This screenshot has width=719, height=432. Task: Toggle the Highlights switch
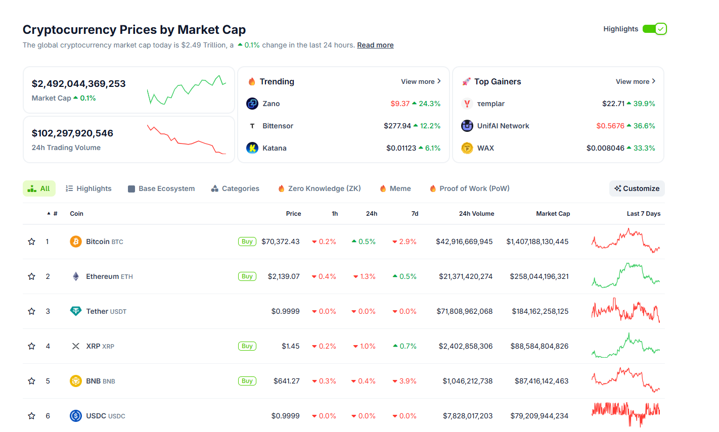click(x=654, y=29)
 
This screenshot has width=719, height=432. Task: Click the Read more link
click(x=375, y=45)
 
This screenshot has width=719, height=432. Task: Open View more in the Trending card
click(x=421, y=81)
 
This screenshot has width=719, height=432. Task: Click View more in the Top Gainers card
click(x=635, y=81)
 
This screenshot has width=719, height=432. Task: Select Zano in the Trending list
click(x=271, y=104)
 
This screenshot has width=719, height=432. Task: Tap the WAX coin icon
click(x=467, y=148)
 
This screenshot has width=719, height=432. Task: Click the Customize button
click(x=637, y=188)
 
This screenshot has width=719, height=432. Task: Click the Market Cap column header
click(x=553, y=214)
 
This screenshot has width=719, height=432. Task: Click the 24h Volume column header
click(x=476, y=214)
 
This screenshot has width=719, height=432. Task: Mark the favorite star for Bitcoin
click(x=31, y=242)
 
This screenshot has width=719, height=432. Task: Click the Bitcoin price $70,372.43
click(x=280, y=242)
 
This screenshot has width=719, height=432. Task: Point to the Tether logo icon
click(x=75, y=311)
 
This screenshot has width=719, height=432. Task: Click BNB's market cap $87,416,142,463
click(x=541, y=381)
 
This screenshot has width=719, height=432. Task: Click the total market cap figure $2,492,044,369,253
click(x=78, y=84)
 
